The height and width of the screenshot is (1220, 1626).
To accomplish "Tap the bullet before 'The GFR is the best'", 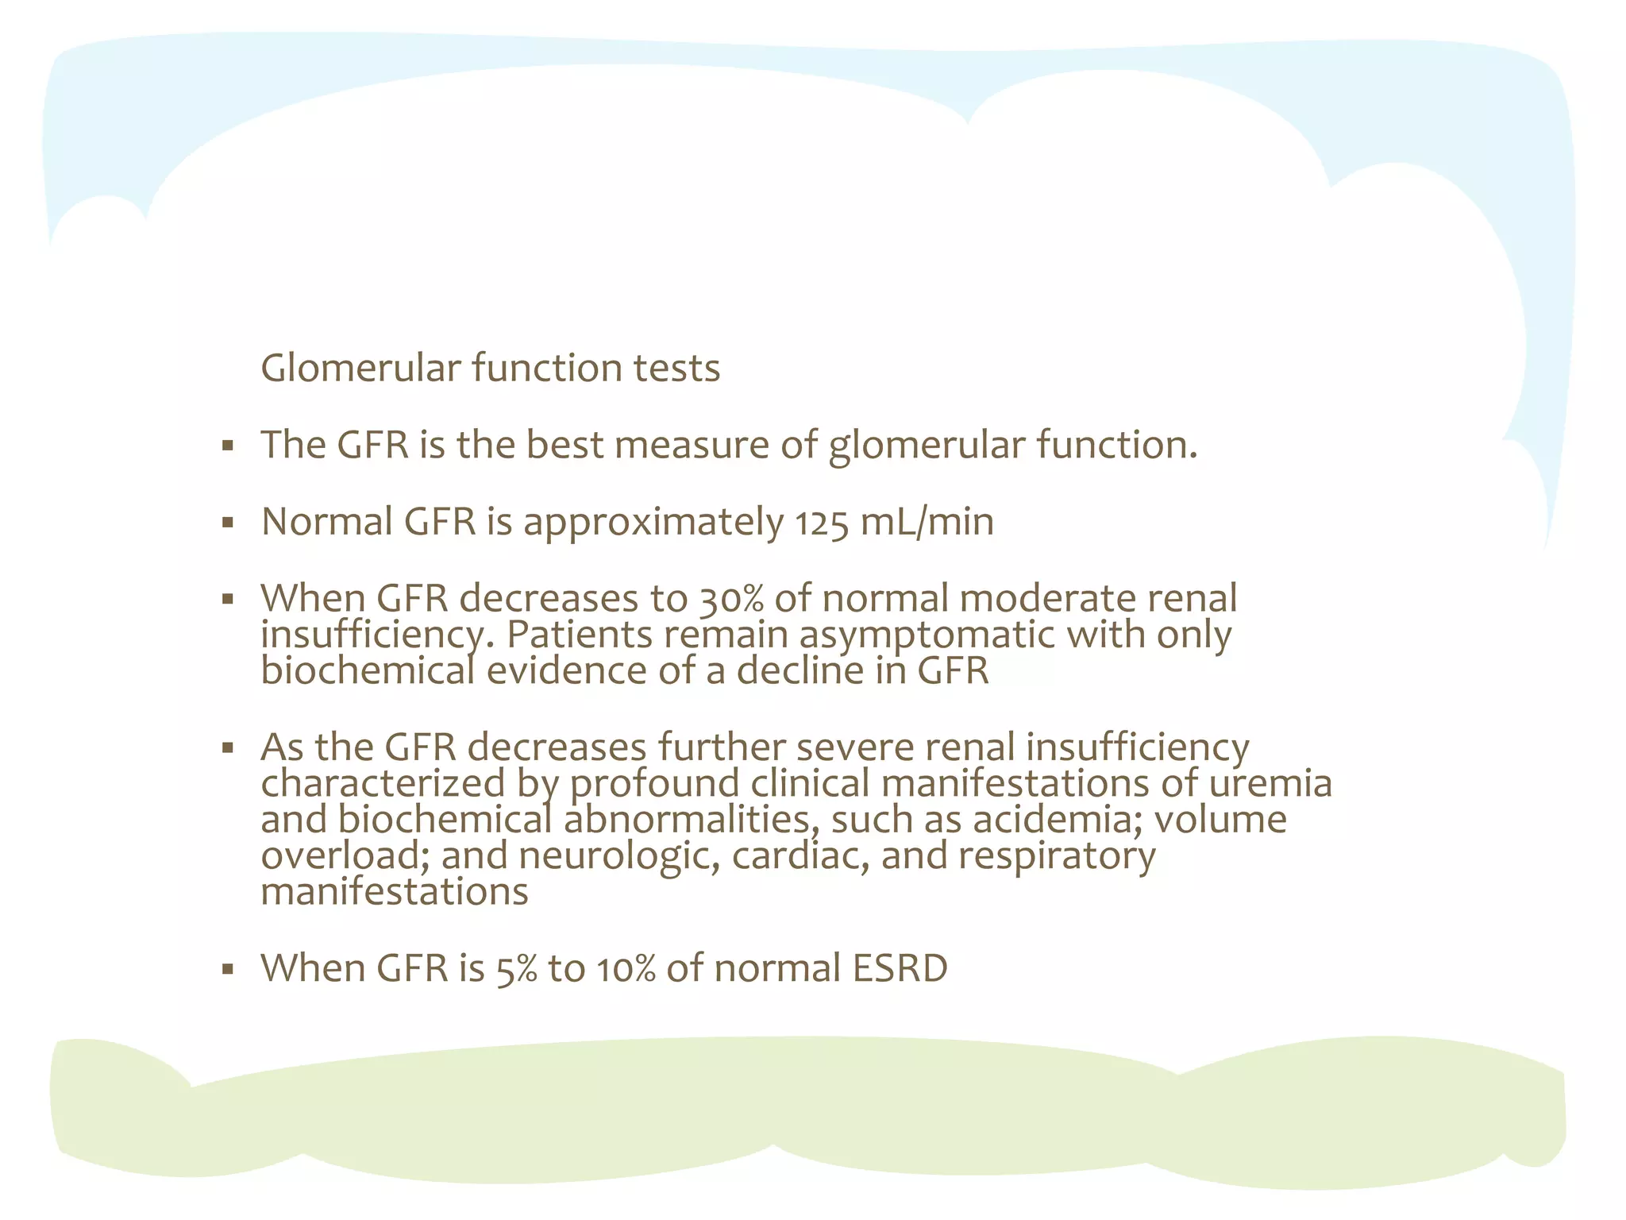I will click(x=228, y=446).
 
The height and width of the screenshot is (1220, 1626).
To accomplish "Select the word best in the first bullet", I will click(x=564, y=445).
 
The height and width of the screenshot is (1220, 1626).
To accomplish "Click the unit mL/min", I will click(x=927, y=523).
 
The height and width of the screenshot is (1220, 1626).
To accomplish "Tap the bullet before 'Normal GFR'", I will click(x=228, y=523).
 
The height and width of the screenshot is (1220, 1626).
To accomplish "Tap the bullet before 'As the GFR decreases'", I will click(x=228, y=748).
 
